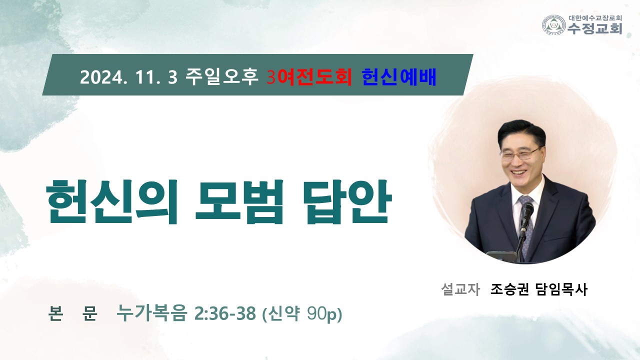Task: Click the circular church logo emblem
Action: (554, 25)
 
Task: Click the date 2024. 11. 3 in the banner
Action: (129, 77)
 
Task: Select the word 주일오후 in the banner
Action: (221, 76)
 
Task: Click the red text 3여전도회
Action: (309, 77)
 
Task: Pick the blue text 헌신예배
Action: (399, 77)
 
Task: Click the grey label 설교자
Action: (460, 289)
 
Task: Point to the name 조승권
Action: (509, 289)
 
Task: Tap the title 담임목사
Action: (561, 289)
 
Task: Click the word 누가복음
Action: (151, 313)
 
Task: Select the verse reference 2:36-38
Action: (225, 313)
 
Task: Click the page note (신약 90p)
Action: (302, 314)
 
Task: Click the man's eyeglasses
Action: (521, 153)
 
